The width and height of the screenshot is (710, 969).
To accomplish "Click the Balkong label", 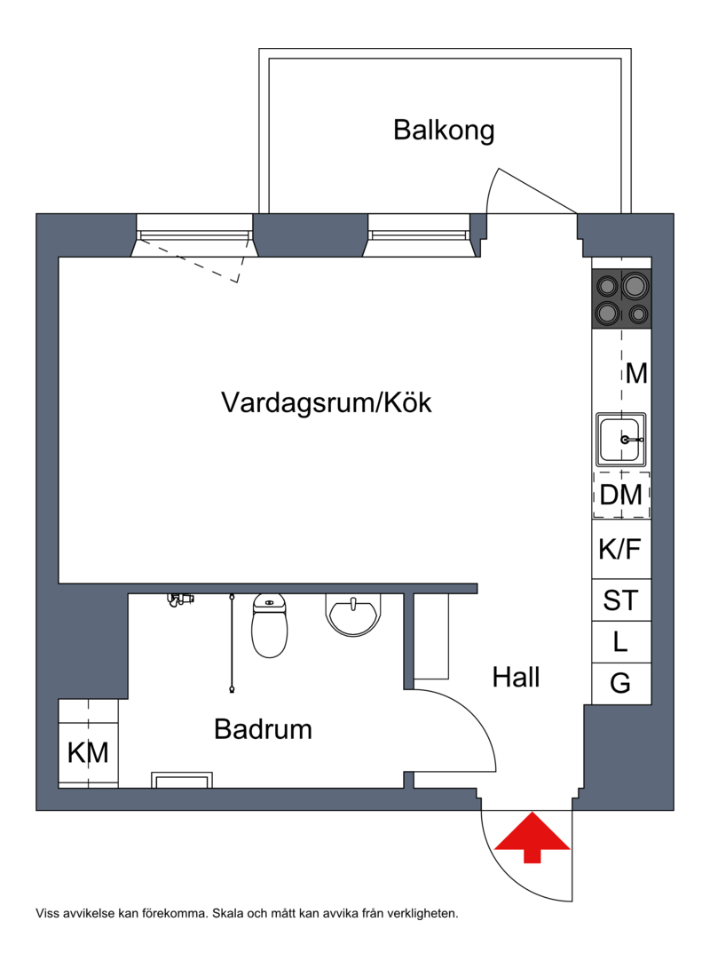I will coord(444,131).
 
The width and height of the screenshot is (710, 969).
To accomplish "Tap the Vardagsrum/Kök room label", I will coord(326,402).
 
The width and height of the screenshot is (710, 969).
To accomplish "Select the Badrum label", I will coord(263,730).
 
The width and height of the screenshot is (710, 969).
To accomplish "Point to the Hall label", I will coord(516,679).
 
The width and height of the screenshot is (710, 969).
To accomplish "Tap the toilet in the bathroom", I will coord(270,625).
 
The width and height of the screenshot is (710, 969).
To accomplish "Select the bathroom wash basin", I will coord(354,615).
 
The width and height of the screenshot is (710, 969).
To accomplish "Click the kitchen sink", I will coord(621,439).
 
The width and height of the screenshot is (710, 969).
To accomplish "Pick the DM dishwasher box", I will coord(621,495).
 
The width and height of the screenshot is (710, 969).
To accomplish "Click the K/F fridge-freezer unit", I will coord(620,550).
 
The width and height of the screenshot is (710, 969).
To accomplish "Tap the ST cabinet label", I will coord(620,600).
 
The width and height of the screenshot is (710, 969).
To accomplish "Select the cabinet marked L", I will coord(620,641).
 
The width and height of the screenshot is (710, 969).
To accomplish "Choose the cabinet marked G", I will coord(620,683).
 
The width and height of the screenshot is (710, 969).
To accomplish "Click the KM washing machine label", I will coord(88,753).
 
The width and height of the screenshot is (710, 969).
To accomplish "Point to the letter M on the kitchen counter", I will coord(636,373).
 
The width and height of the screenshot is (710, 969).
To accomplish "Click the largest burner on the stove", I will coord(635,286).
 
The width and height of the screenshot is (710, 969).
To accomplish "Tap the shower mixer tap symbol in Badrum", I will coord(180,600).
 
